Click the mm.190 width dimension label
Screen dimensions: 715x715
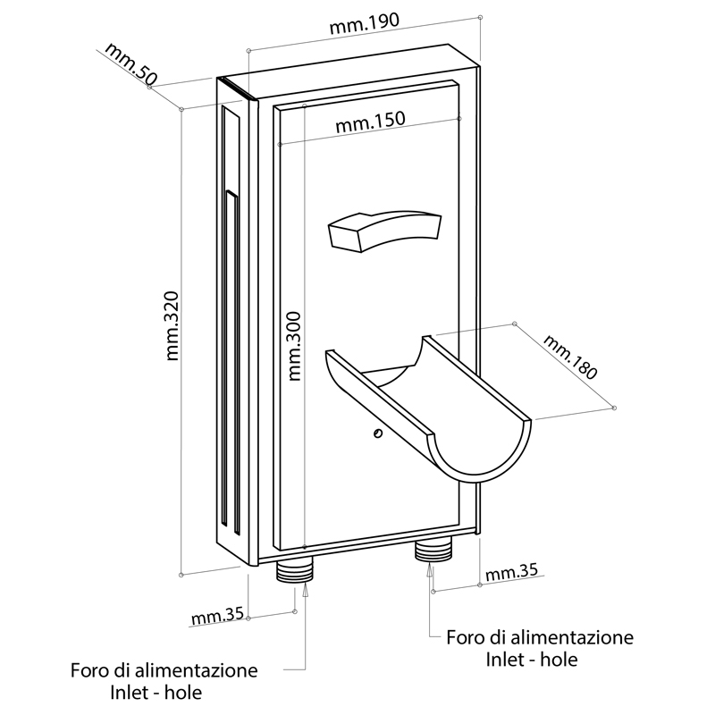[365, 26]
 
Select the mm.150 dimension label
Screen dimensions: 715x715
[371, 123]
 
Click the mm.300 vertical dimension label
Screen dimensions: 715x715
[294, 346]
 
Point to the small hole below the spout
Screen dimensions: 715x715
[378, 433]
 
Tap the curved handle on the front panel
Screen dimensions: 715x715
[385, 230]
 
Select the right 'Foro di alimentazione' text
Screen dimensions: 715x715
[540, 638]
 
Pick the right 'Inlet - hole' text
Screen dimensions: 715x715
[532, 660]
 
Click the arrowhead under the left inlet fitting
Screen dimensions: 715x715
[307, 587]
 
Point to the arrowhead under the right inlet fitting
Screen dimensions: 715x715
[432, 567]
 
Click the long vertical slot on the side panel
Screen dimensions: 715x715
[230, 357]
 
